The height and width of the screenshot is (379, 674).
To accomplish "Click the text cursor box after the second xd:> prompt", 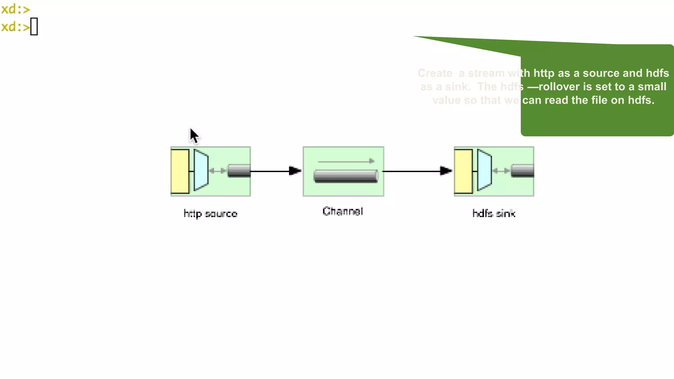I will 34,26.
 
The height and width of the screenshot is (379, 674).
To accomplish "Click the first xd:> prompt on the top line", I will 15,9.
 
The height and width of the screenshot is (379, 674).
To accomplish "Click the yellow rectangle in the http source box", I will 180,171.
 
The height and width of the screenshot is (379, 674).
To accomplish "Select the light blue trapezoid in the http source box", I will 201,170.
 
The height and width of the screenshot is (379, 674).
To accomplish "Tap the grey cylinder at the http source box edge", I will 239,171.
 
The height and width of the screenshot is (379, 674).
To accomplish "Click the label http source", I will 210,214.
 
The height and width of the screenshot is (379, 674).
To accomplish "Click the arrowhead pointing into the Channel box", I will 295,171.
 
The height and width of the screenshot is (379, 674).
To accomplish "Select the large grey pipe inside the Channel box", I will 346,176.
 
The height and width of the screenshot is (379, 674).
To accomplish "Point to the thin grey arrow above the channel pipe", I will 346,161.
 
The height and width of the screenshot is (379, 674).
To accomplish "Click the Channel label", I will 343,211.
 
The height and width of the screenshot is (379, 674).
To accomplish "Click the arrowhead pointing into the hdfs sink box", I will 446,171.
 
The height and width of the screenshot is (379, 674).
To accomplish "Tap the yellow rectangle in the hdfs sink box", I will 463,171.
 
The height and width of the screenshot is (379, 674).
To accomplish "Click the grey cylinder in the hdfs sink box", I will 522,171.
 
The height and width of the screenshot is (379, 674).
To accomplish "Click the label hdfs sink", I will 494,214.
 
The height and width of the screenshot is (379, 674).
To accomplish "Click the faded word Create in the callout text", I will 435,73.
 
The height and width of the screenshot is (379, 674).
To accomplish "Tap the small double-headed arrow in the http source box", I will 218,171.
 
